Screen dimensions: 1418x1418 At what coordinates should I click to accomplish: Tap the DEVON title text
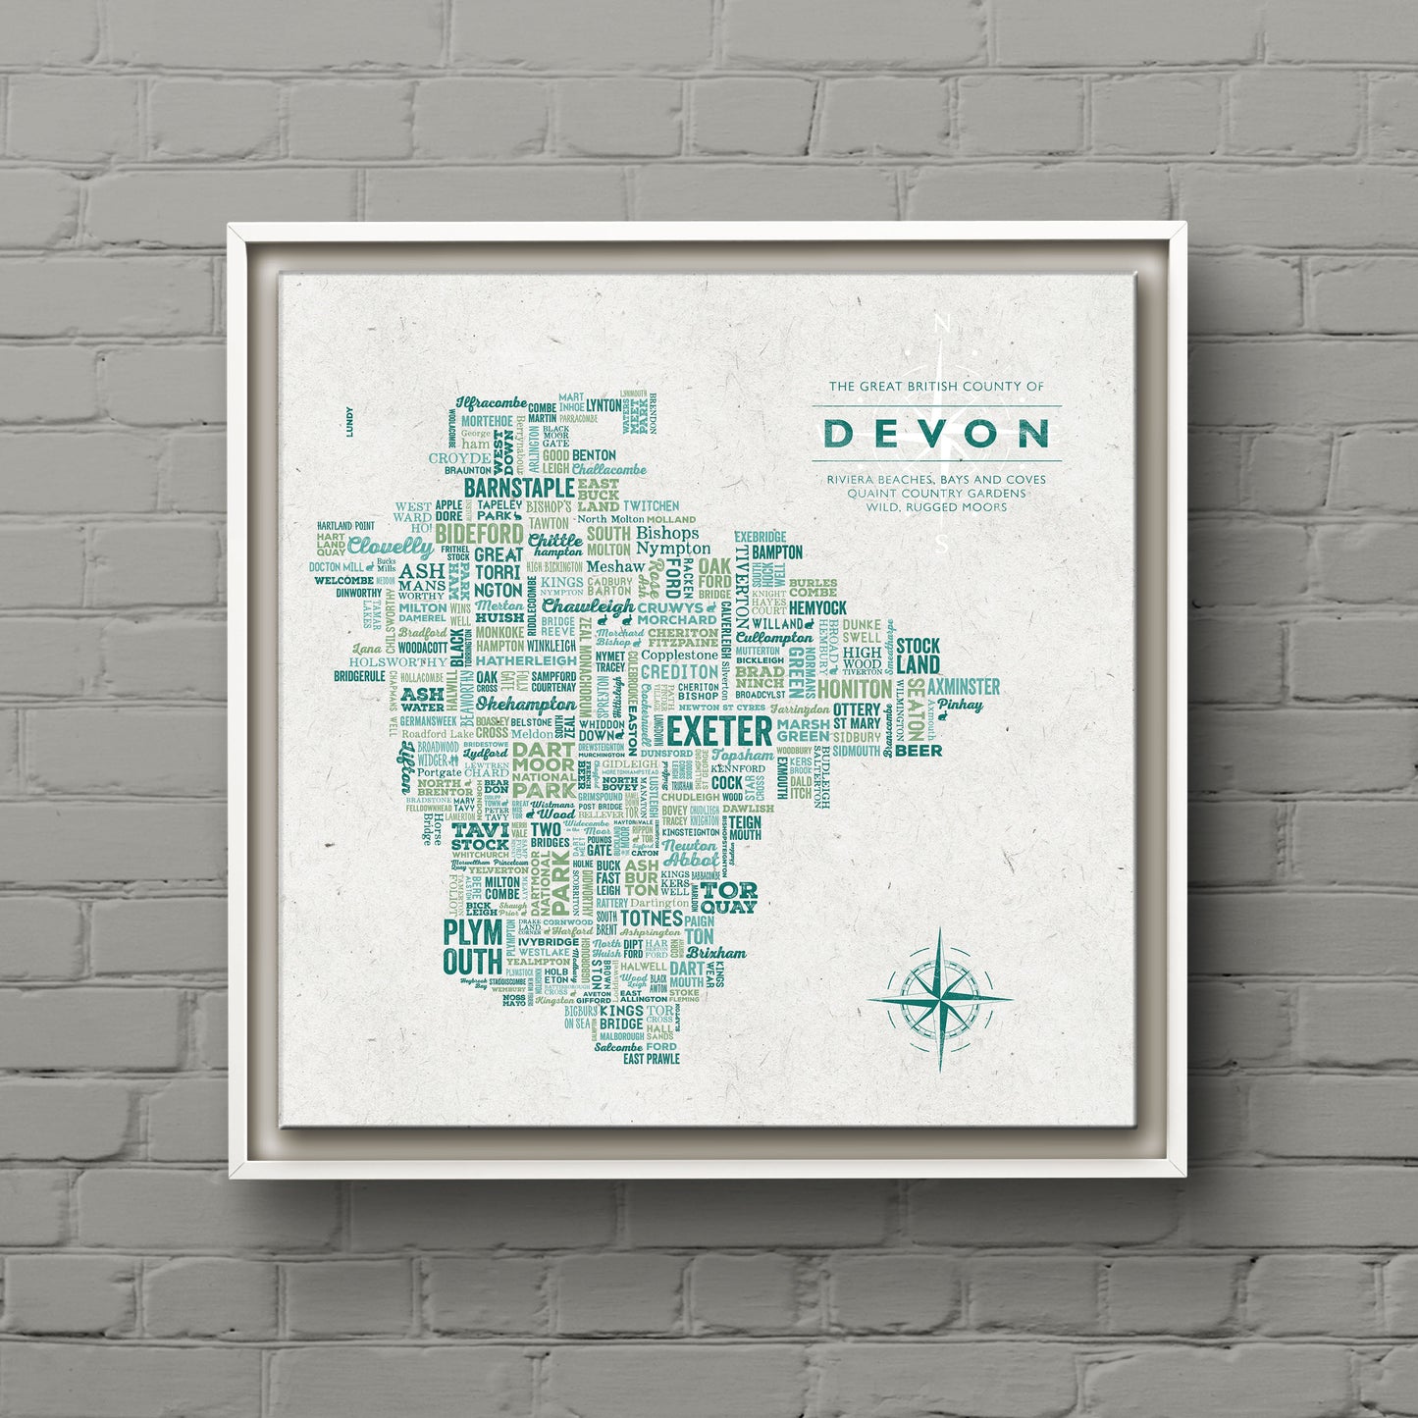935,433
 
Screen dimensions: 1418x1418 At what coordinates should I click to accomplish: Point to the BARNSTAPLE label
518,488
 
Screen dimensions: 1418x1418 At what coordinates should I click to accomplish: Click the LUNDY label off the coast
349,420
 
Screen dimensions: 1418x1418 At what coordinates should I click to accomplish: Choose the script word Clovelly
390,547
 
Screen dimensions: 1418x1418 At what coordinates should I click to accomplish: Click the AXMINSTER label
964,686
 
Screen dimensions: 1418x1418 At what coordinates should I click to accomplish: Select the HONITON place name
855,689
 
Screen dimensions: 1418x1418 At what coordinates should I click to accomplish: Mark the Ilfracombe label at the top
492,403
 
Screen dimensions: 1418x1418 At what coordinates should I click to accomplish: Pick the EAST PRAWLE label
651,1059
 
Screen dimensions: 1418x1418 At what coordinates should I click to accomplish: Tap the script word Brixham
715,952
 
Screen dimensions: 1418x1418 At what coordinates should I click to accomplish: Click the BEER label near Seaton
918,751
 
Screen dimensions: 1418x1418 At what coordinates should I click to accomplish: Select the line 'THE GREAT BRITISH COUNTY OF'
936,387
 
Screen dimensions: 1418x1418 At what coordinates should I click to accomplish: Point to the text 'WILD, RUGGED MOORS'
936,507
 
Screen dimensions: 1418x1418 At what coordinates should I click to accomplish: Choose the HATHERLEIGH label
526,660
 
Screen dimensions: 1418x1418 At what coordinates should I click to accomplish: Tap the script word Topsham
742,755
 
